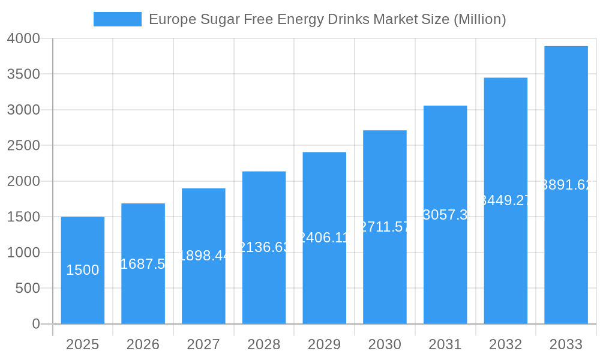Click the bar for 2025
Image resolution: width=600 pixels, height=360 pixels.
click(x=83, y=270)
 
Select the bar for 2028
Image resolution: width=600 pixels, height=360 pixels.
click(x=264, y=247)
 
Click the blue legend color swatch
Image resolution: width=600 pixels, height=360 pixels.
click(x=118, y=19)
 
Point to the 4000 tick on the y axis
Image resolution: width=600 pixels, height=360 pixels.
click(x=23, y=38)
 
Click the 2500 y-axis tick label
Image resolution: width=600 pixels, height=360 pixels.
click(x=23, y=146)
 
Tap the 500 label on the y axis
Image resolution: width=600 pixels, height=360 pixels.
click(x=28, y=289)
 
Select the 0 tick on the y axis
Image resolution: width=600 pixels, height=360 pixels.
click(x=35, y=324)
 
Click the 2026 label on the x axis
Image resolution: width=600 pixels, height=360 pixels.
click(x=143, y=344)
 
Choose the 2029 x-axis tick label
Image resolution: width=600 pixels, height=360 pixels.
click(x=324, y=344)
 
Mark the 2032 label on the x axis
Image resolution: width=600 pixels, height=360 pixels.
click(x=505, y=344)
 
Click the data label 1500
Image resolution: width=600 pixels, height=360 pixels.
click(x=83, y=270)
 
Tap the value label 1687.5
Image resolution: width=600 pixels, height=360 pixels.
click(x=143, y=264)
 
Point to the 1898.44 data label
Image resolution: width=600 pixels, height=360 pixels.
click(x=203, y=256)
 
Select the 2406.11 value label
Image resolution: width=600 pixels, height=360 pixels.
click(x=324, y=238)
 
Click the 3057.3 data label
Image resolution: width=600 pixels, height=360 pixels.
click(x=445, y=215)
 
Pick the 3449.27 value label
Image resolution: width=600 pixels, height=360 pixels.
click(x=505, y=200)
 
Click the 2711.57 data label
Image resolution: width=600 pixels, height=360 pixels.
click(x=385, y=227)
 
